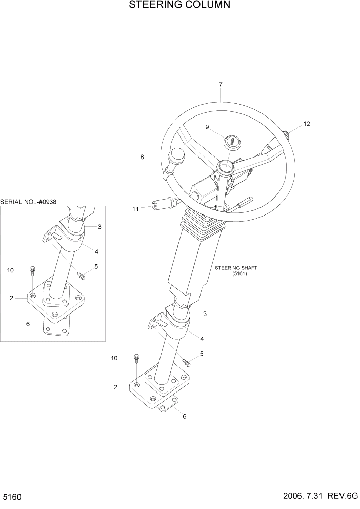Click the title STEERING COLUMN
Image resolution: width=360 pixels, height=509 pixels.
pyautogui.click(x=179, y=6)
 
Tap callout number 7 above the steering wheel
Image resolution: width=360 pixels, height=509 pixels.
pyautogui.click(x=220, y=84)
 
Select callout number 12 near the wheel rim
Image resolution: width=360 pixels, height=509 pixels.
pyautogui.click(x=307, y=124)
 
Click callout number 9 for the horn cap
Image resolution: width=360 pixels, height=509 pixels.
pyautogui.click(x=207, y=127)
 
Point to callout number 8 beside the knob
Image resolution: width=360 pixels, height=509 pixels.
pyautogui.click(x=142, y=157)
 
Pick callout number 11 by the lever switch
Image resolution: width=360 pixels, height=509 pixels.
pyautogui.click(x=135, y=209)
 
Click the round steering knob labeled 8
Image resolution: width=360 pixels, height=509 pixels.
pyautogui.click(x=178, y=154)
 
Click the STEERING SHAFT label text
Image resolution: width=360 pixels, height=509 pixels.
pyautogui.click(x=236, y=268)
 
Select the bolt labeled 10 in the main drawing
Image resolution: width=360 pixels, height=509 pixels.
pyautogui.click(x=137, y=358)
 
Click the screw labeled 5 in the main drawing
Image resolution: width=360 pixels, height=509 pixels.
pyautogui.click(x=187, y=363)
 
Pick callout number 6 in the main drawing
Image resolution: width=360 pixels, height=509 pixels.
pyautogui.click(x=185, y=416)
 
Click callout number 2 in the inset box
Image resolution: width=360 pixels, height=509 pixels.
pyautogui.click(x=11, y=298)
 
